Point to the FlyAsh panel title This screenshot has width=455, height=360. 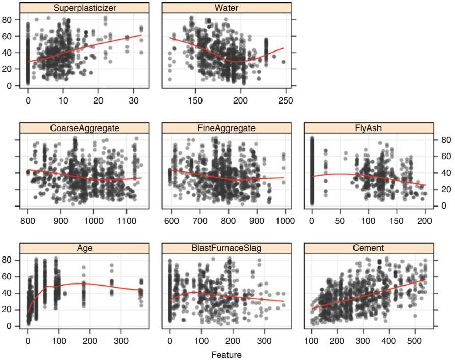point(368,127)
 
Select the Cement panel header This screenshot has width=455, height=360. point(368,248)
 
